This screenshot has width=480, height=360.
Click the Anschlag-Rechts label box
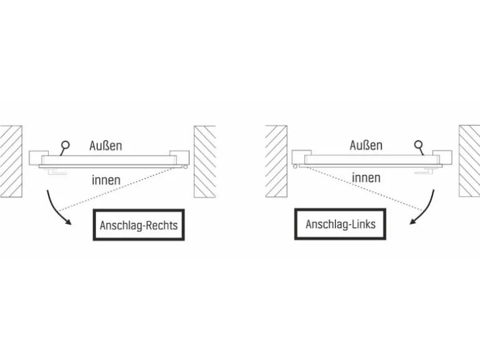click(x=138, y=225)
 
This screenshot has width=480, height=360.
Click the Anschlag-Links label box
click(x=340, y=224)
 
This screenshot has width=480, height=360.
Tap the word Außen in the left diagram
click(x=105, y=146)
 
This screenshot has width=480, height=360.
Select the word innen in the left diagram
click(x=106, y=181)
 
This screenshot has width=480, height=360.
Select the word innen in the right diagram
click(x=366, y=178)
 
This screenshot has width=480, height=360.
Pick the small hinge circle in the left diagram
click(x=186, y=167)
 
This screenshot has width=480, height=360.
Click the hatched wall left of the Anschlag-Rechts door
click(x=11, y=160)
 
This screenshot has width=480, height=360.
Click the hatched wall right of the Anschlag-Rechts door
click(x=204, y=161)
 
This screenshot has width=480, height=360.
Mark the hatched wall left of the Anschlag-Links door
click(x=276, y=160)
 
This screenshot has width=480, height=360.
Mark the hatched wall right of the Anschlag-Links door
click(x=469, y=160)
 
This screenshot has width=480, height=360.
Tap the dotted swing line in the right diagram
click(x=362, y=189)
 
